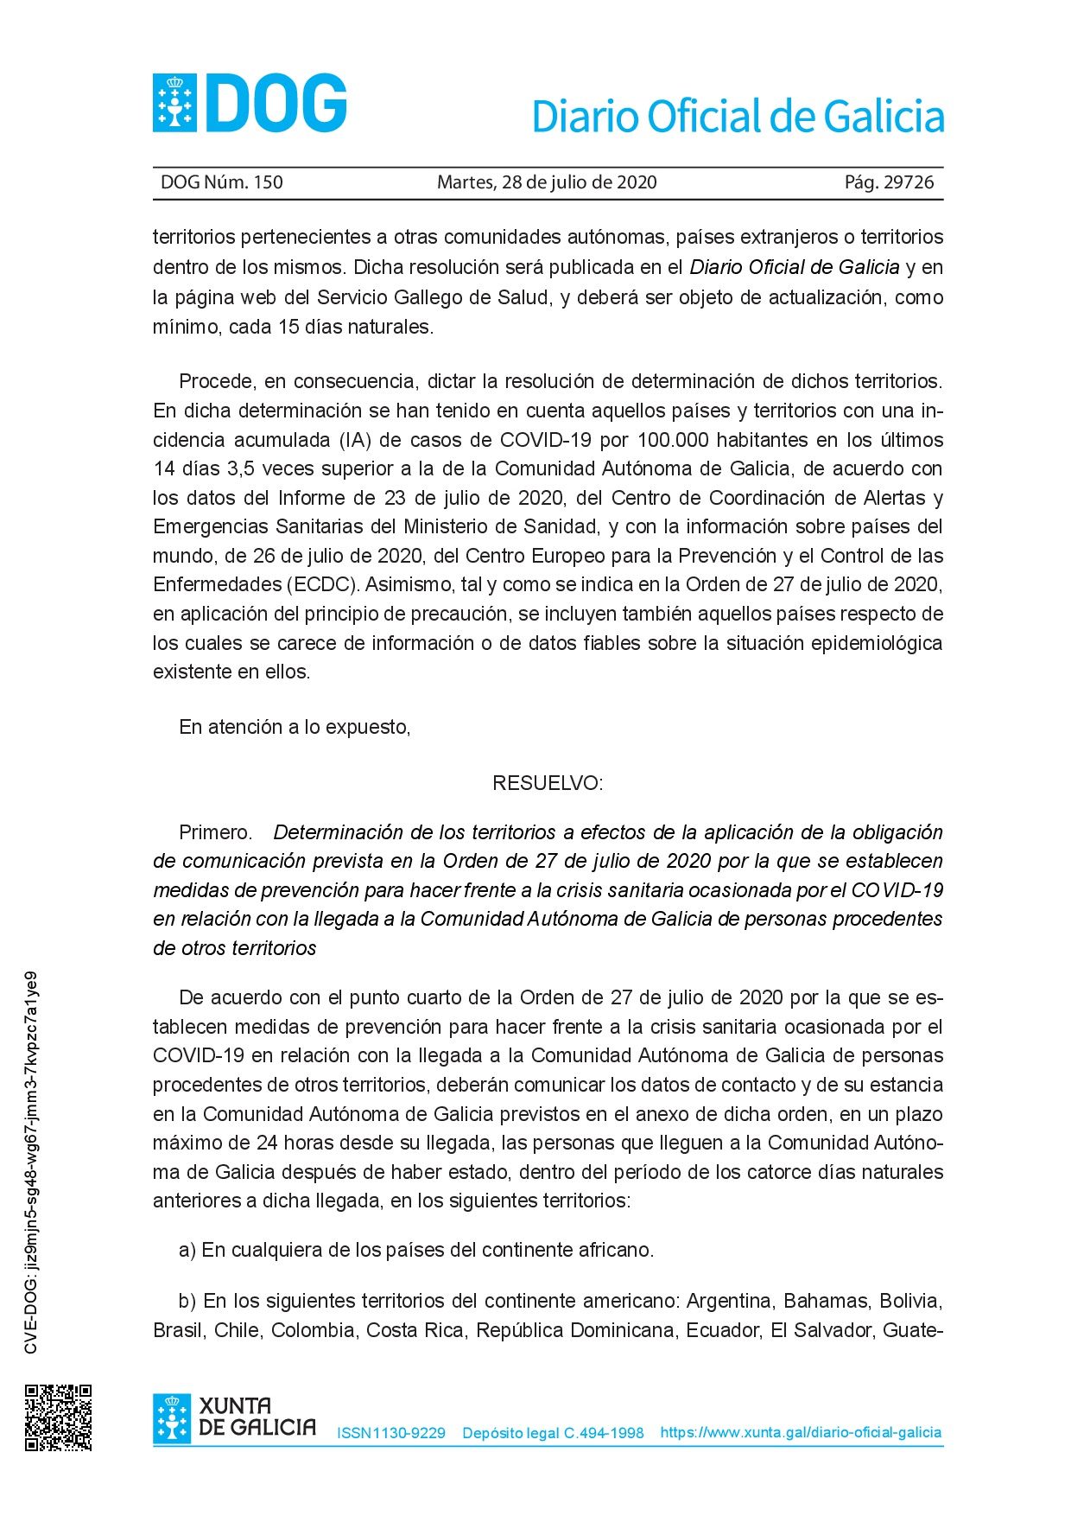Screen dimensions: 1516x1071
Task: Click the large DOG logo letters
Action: click(x=276, y=104)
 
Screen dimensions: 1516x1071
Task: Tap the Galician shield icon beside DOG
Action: click(x=174, y=104)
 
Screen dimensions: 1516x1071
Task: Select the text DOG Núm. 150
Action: click(x=222, y=182)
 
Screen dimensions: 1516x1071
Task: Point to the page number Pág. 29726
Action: click(x=889, y=182)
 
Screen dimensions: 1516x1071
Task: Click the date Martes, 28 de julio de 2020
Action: click(x=547, y=182)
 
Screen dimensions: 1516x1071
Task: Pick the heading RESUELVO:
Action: click(x=547, y=783)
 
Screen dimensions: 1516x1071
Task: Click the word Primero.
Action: click(x=215, y=832)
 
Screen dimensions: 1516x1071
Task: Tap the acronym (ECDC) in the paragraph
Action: click(x=323, y=584)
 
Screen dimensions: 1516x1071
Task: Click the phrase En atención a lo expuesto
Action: click(x=295, y=727)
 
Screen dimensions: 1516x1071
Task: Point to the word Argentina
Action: click(x=729, y=1301)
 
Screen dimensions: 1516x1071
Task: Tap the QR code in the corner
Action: click(x=58, y=1417)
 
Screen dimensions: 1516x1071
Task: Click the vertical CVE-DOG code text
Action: click(x=31, y=1162)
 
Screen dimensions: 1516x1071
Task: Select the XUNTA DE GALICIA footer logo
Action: click(x=235, y=1417)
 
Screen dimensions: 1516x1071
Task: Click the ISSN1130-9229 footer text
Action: click(x=391, y=1433)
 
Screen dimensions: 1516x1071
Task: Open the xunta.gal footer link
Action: click(x=801, y=1432)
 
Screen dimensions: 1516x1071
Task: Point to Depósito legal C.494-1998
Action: click(x=553, y=1433)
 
